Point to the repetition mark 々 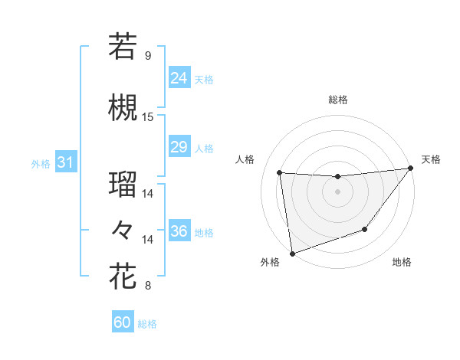coord(123,229)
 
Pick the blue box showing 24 coord(179,77)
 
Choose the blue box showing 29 coord(179,147)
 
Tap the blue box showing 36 coord(179,231)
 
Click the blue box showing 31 coord(65,162)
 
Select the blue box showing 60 coord(123,322)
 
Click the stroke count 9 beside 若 coord(148,56)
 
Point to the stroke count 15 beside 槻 coord(148,117)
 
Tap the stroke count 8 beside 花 coord(148,286)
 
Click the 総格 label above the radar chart coord(338,100)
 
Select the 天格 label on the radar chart coord(431,159)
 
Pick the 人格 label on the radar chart coord(245,159)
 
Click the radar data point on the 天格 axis coord(411,169)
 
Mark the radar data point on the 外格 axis coord(292,253)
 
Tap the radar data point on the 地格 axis coord(365,229)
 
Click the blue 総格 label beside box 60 coord(147,324)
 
